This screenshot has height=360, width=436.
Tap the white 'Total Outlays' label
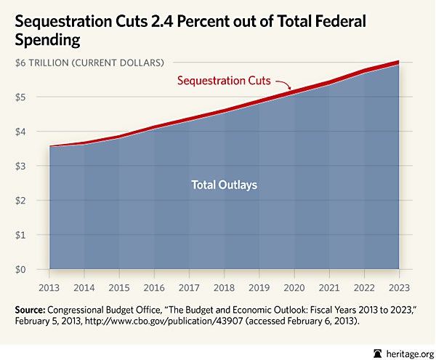[224, 185]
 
